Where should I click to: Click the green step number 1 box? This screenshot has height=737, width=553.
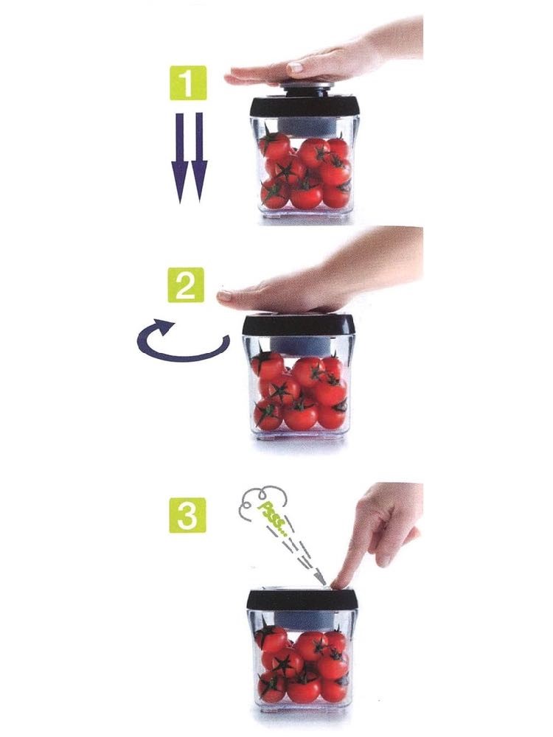click(x=187, y=83)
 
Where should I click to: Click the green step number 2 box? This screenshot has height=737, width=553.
click(x=186, y=284)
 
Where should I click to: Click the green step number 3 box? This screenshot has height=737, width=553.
click(x=187, y=516)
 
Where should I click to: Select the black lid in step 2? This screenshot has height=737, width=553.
click(x=298, y=325)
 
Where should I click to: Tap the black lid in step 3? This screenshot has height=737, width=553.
click(x=302, y=600)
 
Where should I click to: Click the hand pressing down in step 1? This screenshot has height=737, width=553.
click(x=324, y=59)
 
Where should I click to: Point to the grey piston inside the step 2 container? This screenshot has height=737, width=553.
click(x=299, y=346)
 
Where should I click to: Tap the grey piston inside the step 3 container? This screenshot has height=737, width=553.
click(x=302, y=620)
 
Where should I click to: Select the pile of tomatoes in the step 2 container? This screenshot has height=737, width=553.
click(x=300, y=392)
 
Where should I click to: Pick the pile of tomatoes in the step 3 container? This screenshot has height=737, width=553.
click(x=302, y=662)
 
